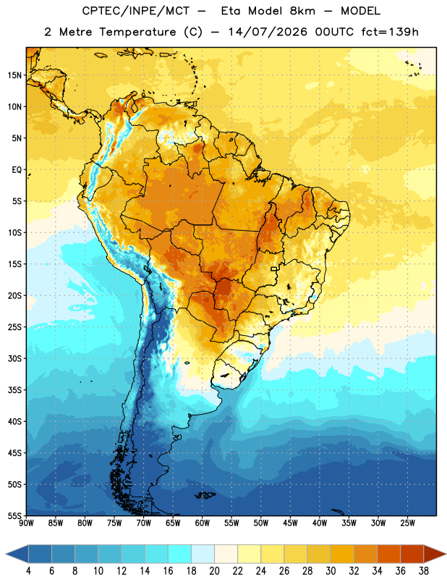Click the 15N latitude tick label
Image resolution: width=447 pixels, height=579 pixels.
pyautogui.click(x=14, y=75)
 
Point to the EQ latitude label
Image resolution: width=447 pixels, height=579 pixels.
pyautogui.click(x=17, y=170)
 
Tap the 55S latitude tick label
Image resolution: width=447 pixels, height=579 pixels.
pyautogui.click(x=14, y=515)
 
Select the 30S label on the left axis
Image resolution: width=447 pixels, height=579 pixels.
pyautogui.click(x=14, y=358)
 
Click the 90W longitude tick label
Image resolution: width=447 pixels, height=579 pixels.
pyautogui.click(x=26, y=523)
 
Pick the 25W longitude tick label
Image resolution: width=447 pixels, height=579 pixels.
pyautogui.click(x=407, y=523)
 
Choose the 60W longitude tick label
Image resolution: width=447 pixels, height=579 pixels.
pyautogui.click(x=203, y=523)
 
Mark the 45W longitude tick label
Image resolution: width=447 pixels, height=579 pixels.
pyautogui.click(x=290, y=523)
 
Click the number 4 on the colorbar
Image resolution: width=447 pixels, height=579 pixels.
pyautogui.click(x=28, y=571)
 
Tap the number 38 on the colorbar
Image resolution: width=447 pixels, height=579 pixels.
pyautogui.click(x=424, y=571)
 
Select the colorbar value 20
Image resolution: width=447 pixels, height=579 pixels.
pyautogui.click(x=214, y=571)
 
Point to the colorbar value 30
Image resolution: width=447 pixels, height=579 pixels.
pyautogui.click(x=331, y=571)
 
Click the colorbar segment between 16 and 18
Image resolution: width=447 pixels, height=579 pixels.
pyautogui.click(x=179, y=554)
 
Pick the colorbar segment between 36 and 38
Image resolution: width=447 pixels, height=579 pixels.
pyautogui.click(x=412, y=554)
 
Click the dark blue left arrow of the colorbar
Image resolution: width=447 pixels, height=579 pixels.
pyautogui.click(x=17, y=554)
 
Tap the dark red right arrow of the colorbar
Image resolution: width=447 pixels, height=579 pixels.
pyautogui.click(x=435, y=554)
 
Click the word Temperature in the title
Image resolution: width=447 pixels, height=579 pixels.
pyautogui.click(x=137, y=32)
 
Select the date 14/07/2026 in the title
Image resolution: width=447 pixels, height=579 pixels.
pyautogui.click(x=268, y=32)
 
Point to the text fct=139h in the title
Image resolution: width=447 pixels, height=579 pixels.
pyautogui.click(x=390, y=32)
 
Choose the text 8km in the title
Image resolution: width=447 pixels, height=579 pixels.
pyautogui.click(x=302, y=11)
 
